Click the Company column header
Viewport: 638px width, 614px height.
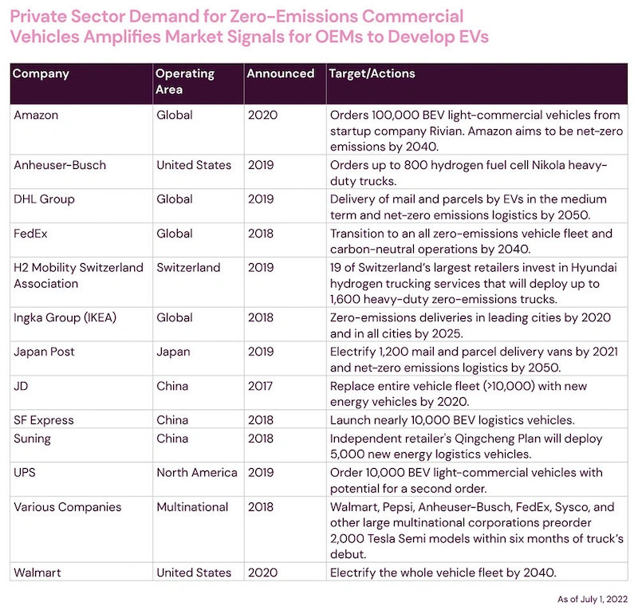click(x=41, y=73)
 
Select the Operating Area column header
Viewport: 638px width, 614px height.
click(x=185, y=81)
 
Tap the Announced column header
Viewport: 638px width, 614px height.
click(x=281, y=73)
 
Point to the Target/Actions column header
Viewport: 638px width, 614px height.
click(x=372, y=73)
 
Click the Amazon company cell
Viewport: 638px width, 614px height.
click(x=36, y=115)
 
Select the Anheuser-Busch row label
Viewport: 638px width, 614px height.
click(x=60, y=165)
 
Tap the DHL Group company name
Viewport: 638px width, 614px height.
click(x=44, y=199)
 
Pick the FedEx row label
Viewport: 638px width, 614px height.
click(x=30, y=234)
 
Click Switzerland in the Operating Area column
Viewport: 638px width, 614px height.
click(x=188, y=267)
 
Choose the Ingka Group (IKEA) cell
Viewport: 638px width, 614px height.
click(x=65, y=317)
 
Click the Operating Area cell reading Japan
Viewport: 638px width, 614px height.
click(x=173, y=352)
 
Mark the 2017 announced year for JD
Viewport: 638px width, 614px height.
click(x=261, y=386)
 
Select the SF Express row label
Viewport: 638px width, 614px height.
click(x=44, y=420)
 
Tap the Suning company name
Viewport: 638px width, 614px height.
click(x=32, y=439)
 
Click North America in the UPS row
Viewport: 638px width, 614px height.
click(x=197, y=472)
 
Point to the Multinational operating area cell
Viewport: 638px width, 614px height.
click(x=192, y=507)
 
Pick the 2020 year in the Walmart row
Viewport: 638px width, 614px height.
click(x=263, y=573)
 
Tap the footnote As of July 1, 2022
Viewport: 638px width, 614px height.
click(x=593, y=600)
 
